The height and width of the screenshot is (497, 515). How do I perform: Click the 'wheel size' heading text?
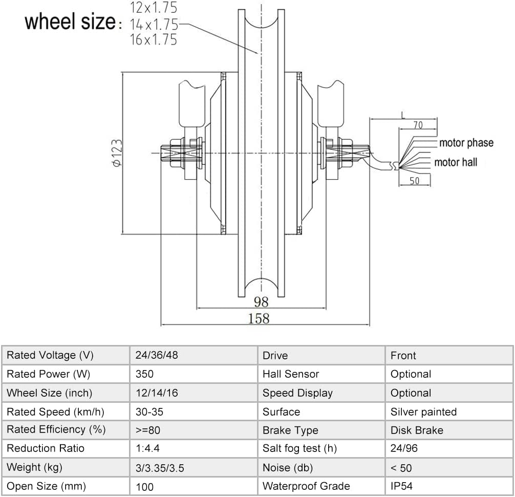click(x=71, y=22)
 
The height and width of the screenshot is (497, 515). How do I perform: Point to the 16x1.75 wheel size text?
click(x=153, y=40)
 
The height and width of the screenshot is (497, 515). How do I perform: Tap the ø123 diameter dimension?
click(x=117, y=153)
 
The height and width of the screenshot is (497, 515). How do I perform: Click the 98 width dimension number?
click(x=261, y=301)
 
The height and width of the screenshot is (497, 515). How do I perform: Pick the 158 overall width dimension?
click(x=259, y=318)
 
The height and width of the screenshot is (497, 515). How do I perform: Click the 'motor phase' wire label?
click(x=466, y=143)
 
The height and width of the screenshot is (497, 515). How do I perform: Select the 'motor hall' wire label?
click(x=456, y=162)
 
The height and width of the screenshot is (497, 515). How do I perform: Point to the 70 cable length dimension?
click(x=418, y=125)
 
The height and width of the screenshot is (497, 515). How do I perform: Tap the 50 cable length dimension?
click(x=414, y=181)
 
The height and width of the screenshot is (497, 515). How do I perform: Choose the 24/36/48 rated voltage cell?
click(x=157, y=355)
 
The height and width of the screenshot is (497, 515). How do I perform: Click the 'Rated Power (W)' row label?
click(x=48, y=374)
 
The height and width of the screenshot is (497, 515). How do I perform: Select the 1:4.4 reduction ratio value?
click(x=148, y=448)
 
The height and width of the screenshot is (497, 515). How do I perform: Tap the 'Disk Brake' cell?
click(x=417, y=430)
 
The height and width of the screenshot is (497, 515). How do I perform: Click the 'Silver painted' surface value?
click(x=423, y=412)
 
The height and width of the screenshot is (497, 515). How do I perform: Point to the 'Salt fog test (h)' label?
click(x=299, y=448)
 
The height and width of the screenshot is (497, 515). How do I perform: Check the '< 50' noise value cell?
click(x=401, y=467)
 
